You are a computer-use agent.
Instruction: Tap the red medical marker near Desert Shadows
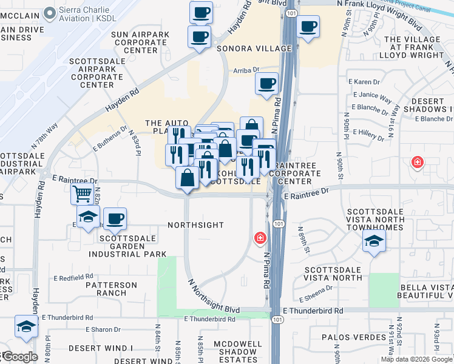[417, 162]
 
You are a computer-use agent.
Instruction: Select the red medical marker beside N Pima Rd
[260, 237]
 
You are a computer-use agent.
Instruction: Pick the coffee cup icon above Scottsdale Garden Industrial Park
[115, 218]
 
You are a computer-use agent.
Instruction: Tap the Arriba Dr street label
[246, 70]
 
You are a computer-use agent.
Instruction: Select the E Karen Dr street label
[363, 82]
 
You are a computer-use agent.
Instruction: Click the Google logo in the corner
[19, 357]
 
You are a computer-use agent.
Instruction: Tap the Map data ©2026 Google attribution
[416, 359]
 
